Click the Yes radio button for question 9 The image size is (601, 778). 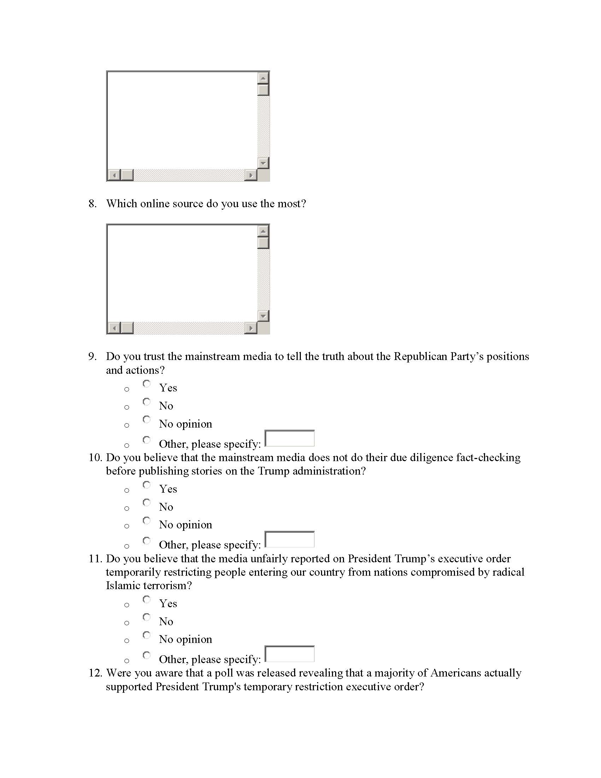[147, 384]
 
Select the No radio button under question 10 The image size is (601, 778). [147, 503]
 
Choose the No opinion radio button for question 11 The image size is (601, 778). [147, 635]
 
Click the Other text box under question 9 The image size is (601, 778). [290, 439]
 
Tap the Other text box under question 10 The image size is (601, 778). [290, 539]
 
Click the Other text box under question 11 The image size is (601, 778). [290, 654]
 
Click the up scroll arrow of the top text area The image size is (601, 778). [263, 78]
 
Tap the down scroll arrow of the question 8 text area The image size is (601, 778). [263, 315]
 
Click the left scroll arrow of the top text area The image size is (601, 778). [114, 175]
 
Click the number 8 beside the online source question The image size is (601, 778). [92, 204]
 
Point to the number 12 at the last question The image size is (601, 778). [95, 673]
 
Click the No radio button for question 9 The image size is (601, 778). [147, 402]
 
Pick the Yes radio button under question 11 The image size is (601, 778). [147, 599]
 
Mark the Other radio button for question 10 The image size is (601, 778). [147, 541]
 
